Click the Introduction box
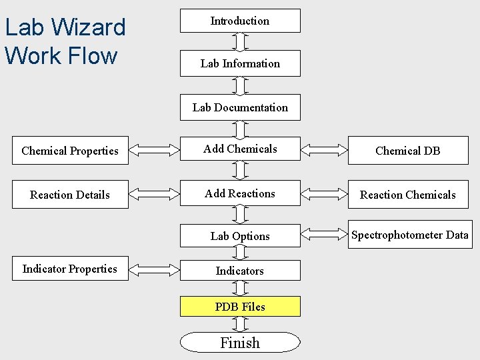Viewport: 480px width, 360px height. (x=240, y=21)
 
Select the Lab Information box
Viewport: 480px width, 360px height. (x=240, y=63)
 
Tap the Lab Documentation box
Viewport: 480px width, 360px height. (x=240, y=107)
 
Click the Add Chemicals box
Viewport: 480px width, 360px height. (x=240, y=149)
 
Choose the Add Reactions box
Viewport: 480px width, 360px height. (x=240, y=194)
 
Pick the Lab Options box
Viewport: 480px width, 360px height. (x=240, y=236)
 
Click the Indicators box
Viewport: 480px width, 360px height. (x=240, y=271)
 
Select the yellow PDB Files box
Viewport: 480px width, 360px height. (x=240, y=307)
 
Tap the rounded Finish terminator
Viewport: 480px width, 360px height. (x=240, y=343)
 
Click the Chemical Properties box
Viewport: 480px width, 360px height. (x=70, y=151)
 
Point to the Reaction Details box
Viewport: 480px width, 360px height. (x=70, y=195)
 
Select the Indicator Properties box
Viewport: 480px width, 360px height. (x=70, y=269)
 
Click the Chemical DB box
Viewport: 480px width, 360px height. (x=407, y=151)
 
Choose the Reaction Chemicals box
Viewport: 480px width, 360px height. (x=407, y=195)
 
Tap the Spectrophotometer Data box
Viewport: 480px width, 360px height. (x=409, y=235)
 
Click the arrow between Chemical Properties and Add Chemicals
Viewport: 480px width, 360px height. (x=154, y=151)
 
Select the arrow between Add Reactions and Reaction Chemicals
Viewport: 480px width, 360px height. (x=324, y=195)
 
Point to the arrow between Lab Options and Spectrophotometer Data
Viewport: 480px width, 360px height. (x=324, y=235)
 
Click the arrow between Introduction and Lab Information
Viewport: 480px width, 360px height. (x=240, y=41)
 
